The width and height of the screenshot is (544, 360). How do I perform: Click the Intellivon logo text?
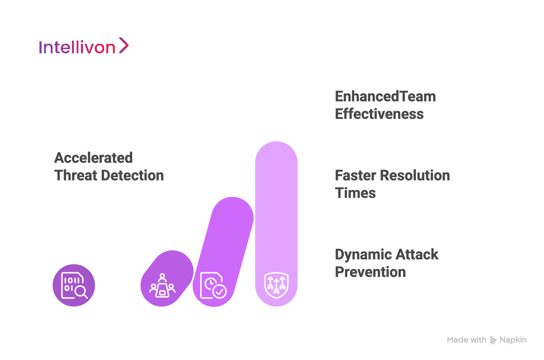(77, 47)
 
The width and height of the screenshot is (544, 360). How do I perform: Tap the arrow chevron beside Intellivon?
(124, 45)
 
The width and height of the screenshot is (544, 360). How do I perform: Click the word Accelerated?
(94, 158)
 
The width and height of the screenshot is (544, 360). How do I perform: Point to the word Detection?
(132, 175)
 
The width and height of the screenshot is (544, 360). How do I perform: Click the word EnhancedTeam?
(385, 97)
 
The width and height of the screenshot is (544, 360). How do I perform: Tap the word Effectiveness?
(379, 114)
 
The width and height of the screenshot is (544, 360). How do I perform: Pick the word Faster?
(356, 175)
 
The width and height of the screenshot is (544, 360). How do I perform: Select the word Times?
(355, 193)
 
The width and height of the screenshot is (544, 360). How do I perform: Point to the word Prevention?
(370, 272)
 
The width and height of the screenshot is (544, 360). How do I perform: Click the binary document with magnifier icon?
(74, 285)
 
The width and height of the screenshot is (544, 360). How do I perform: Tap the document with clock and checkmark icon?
(213, 285)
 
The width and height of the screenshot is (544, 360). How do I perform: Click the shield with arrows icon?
(276, 285)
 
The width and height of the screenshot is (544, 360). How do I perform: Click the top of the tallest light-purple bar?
(276, 142)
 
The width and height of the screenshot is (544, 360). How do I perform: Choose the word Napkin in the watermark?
(513, 340)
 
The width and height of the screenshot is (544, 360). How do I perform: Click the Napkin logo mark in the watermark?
(493, 340)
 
